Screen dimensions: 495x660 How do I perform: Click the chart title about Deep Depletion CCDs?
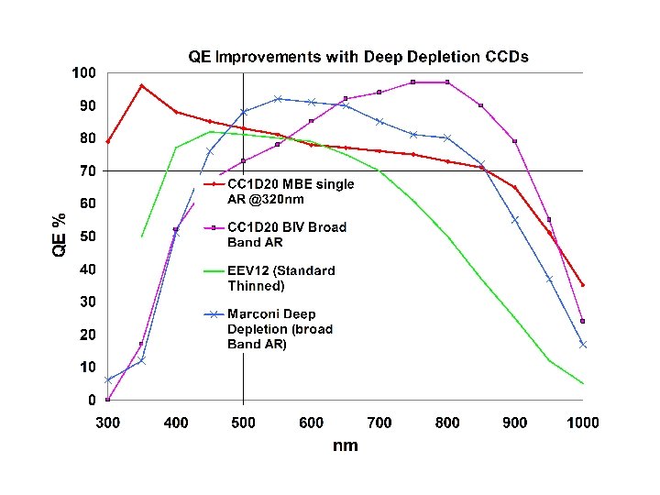click(x=358, y=57)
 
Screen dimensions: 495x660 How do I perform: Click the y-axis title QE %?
click(x=59, y=236)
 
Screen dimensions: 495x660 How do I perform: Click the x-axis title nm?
click(x=346, y=445)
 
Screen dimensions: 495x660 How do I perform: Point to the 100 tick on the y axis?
click(x=85, y=72)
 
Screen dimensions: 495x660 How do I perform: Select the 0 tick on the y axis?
click(x=92, y=401)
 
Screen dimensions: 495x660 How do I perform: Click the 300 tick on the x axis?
click(x=108, y=423)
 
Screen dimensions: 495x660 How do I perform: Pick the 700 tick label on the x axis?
click(x=379, y=423)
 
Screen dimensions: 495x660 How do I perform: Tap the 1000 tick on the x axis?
click(x=583, y=423)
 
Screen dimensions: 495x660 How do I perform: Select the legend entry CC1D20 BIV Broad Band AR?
click(x=286, y=235)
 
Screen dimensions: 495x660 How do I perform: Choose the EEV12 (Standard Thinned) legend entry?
click(x=280, y=278)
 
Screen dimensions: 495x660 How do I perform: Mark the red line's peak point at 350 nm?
click(x=141, y=85)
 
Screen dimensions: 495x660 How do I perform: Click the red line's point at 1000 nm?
click(x=583, y=285)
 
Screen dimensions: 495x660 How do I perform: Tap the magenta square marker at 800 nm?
click(x=447, y=82)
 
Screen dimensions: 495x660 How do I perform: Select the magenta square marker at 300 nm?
click(x=108, y=400)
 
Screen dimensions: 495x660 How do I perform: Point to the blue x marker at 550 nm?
click(x=278, y=99)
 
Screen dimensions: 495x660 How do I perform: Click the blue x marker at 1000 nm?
click(x=583, y=345)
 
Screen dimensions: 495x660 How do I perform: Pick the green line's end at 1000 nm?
click(x=583, y=383)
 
